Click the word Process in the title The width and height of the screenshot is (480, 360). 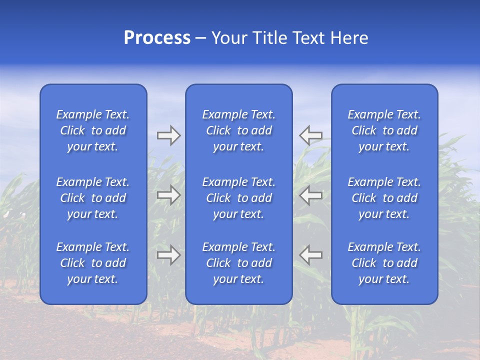point(157,38)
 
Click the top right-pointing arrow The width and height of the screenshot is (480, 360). point(168,135)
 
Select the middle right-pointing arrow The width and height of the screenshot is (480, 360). point(168,195)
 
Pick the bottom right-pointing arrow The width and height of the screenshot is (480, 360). point(168,255)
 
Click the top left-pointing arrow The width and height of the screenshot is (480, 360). point(311,135)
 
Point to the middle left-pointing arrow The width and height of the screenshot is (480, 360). point(311,195)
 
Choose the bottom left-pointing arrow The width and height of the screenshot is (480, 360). point(311,255)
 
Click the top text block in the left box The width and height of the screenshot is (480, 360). point(93,130)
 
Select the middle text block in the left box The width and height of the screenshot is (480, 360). point(93,198)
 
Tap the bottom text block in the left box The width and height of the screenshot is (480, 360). point(93,263)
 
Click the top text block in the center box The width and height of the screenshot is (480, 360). point(239,130)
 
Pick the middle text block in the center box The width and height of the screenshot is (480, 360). point(239,198)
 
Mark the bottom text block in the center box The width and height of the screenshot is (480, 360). point(239,263)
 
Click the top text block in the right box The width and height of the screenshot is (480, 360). point(384,130)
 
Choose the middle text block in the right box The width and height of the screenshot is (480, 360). point(384,198)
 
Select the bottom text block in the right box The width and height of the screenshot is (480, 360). point(384,263)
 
